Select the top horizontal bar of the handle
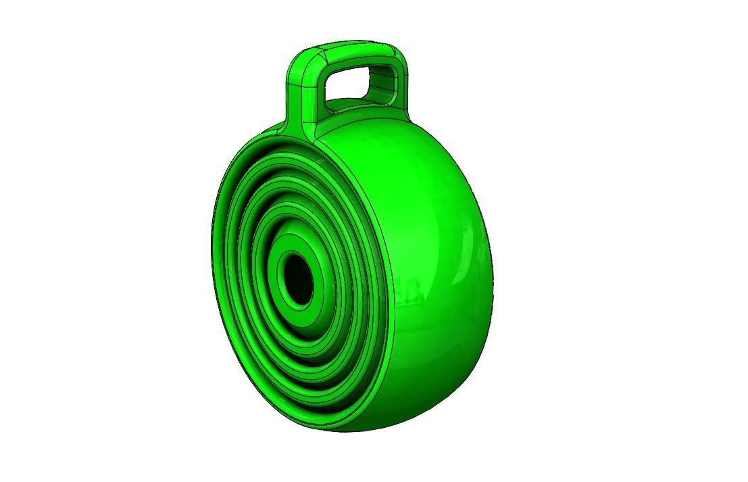click(351, 49)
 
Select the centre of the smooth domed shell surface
click(426, 257)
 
